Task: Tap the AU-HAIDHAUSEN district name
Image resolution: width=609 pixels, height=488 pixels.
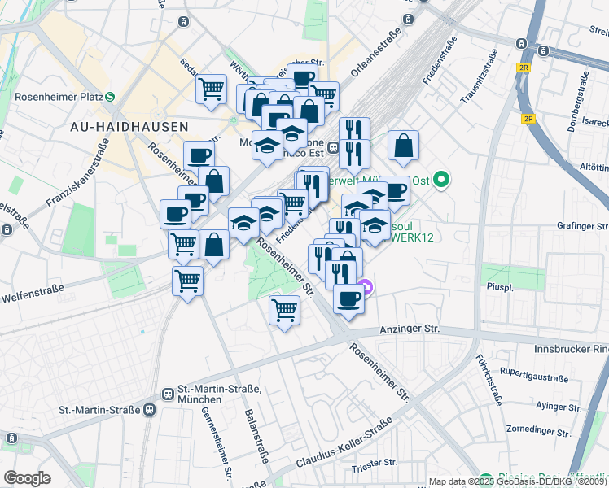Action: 129,127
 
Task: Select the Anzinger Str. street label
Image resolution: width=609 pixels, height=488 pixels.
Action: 410,329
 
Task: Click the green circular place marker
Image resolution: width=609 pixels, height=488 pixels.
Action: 442,179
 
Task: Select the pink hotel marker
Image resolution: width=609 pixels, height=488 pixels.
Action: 366,286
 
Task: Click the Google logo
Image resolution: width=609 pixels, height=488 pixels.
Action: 27,478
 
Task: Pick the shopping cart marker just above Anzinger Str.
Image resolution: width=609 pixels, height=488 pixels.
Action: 285,309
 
